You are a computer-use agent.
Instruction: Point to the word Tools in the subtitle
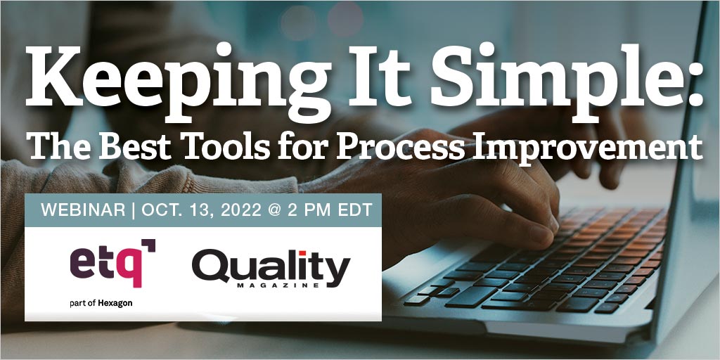[221, 147]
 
